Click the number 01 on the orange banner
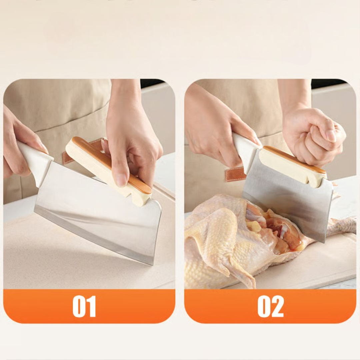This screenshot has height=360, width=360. tap(84, 306)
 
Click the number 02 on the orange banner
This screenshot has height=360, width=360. tap(270, 306)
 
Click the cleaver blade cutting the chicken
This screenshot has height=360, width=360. tap(287, 202)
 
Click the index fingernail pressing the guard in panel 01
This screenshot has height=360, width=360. tap(121, 180)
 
